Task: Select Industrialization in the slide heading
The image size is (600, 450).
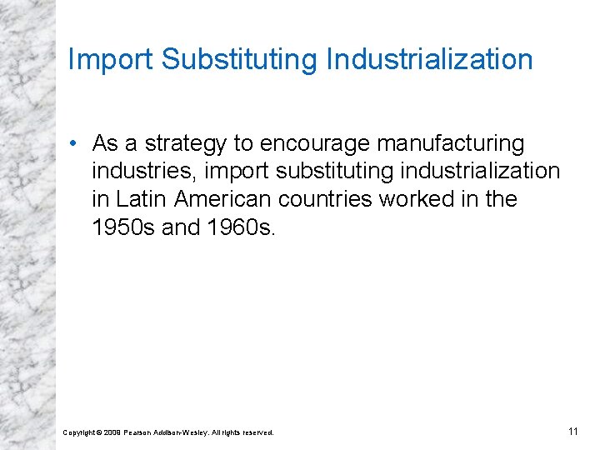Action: point(430,60)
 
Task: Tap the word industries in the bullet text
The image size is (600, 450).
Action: point(143,172)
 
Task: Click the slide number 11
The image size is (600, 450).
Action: point(572,431)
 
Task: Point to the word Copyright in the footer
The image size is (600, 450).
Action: point(79,432)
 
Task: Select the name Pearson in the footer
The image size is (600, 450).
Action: point(137,432)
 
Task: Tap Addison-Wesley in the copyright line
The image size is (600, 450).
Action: point(182,432)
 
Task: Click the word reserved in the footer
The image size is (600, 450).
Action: point(257,432)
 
